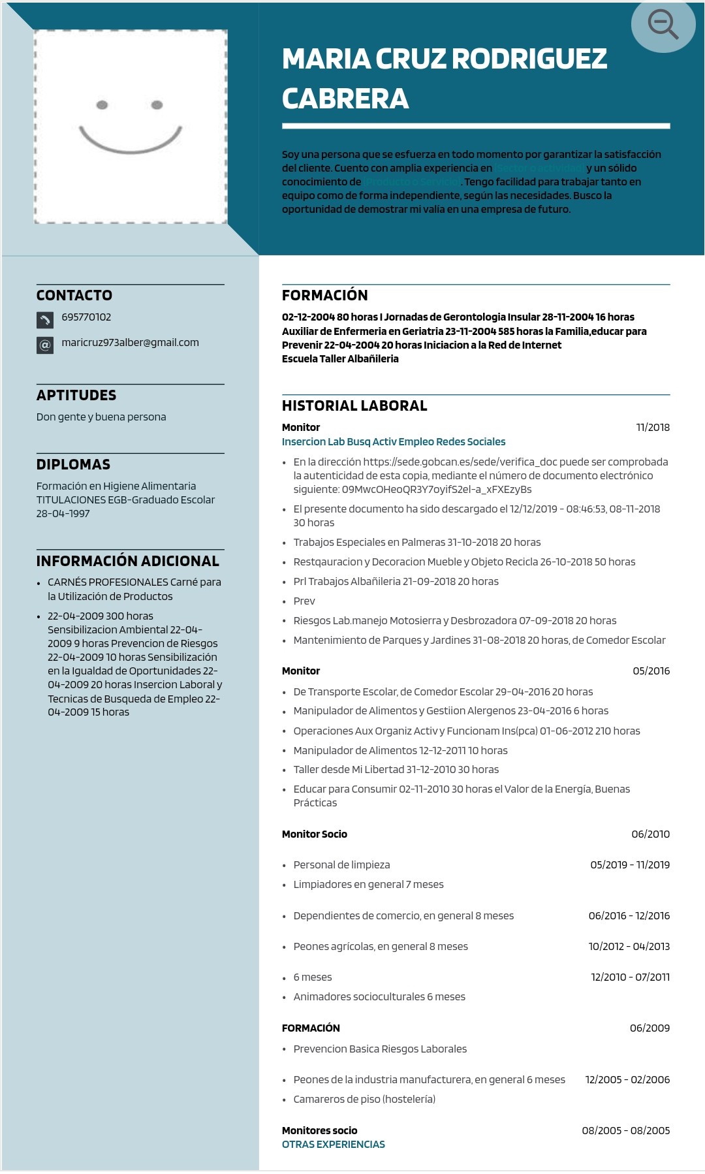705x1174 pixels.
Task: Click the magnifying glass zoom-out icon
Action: point(663,25)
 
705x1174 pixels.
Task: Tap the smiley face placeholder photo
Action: point(131,127)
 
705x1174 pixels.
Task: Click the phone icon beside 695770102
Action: point(44,319)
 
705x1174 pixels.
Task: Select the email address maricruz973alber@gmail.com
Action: point(130,342)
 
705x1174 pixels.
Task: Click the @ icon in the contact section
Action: point(44,345)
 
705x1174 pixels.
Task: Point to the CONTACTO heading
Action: point(74,295)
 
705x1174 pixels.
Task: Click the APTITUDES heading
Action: point(76,395)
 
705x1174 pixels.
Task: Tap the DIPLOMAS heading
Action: point(73,464)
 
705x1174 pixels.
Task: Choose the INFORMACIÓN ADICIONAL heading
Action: point(128,561)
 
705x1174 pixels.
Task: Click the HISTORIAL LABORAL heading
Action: point(354,405)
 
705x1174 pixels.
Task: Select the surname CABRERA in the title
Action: point(345,99)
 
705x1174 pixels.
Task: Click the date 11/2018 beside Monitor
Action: point(653,427)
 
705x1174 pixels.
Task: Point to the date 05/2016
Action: point(651,671)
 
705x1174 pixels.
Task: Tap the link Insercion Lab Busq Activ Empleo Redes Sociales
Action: point(394,441)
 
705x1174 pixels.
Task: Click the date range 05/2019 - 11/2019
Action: point(630,865)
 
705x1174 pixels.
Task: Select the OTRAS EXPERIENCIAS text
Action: point(334,1144)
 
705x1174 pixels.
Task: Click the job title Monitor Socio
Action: point(315,834)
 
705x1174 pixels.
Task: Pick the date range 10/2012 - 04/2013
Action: point(629,946)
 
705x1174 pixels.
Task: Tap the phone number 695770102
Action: point(86,317)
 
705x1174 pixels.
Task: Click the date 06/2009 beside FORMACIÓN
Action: point(650,1028)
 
